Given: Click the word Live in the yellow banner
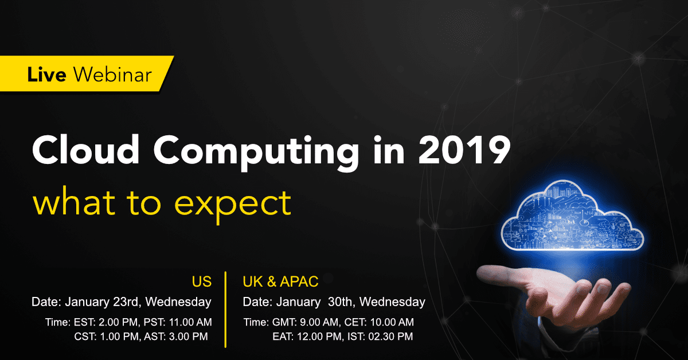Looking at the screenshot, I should [x=48, y=75].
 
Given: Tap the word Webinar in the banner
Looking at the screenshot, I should [x=114, y=75].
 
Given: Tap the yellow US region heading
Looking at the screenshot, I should [x=201, y=282].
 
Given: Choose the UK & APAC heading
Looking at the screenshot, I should [x=280, y=282].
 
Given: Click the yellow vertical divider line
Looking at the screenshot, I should [x=226, y=310].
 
